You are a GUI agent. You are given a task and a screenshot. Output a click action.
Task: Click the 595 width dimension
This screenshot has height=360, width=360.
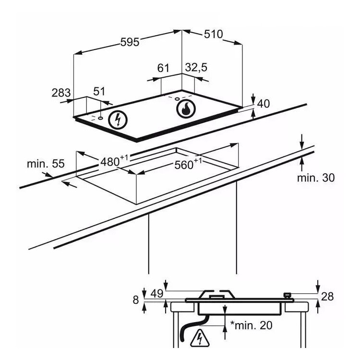(130, 42)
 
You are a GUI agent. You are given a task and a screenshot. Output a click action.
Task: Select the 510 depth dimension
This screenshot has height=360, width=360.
(213, 34)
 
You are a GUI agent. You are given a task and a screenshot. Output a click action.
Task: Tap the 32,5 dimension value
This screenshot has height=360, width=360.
(196, 68)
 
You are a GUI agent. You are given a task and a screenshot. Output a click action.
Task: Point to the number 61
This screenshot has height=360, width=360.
(163, 68)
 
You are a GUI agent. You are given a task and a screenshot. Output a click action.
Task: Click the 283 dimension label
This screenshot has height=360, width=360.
(61, 93)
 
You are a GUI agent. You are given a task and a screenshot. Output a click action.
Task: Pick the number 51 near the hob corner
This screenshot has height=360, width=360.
(99, 91)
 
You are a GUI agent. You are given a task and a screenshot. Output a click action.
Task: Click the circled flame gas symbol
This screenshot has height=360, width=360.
(186, 109)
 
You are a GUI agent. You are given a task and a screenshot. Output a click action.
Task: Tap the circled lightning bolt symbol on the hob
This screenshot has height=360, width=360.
(118, 120)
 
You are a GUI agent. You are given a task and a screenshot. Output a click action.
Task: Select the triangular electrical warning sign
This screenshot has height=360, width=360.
(200, 338)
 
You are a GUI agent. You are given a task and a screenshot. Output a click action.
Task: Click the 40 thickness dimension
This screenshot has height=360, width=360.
(264, 104)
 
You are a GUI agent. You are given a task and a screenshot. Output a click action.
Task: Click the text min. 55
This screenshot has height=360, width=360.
(46, 164)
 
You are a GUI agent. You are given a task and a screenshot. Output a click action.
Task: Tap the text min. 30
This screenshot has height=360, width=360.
(316, 178)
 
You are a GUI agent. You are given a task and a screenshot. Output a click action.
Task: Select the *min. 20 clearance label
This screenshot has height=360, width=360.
(251, 325)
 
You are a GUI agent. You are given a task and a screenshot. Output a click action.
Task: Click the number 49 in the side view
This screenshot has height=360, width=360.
(157, 293)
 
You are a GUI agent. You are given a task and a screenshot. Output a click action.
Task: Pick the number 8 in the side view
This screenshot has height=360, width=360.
(136, 300)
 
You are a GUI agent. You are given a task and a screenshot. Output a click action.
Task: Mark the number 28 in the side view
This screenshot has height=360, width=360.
(327, 297)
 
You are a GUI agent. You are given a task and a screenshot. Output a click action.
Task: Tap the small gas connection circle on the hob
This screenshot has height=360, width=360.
(177, 99)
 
